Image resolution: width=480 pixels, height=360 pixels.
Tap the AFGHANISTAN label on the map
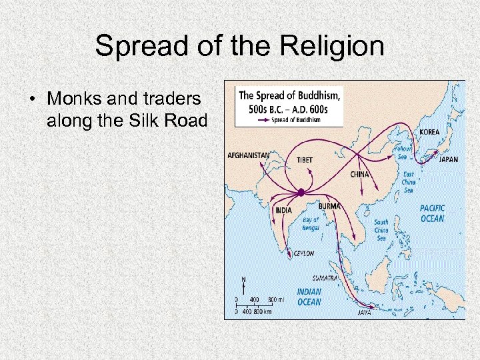(x=249, y=155)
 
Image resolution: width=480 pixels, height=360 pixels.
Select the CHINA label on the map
(x=359, y=175)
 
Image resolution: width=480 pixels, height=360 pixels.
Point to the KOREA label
(x=429, y=131)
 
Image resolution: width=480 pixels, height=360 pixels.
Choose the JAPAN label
(x=448, y=159)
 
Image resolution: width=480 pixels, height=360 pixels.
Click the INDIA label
(x=283, y=210)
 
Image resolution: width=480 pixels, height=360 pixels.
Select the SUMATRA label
(x=324, y=277)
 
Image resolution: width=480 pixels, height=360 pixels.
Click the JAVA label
(x=365, y=312)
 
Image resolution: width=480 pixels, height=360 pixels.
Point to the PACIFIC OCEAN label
(x=432, y=213)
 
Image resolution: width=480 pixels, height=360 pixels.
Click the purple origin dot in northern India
(x=301, y=192)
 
